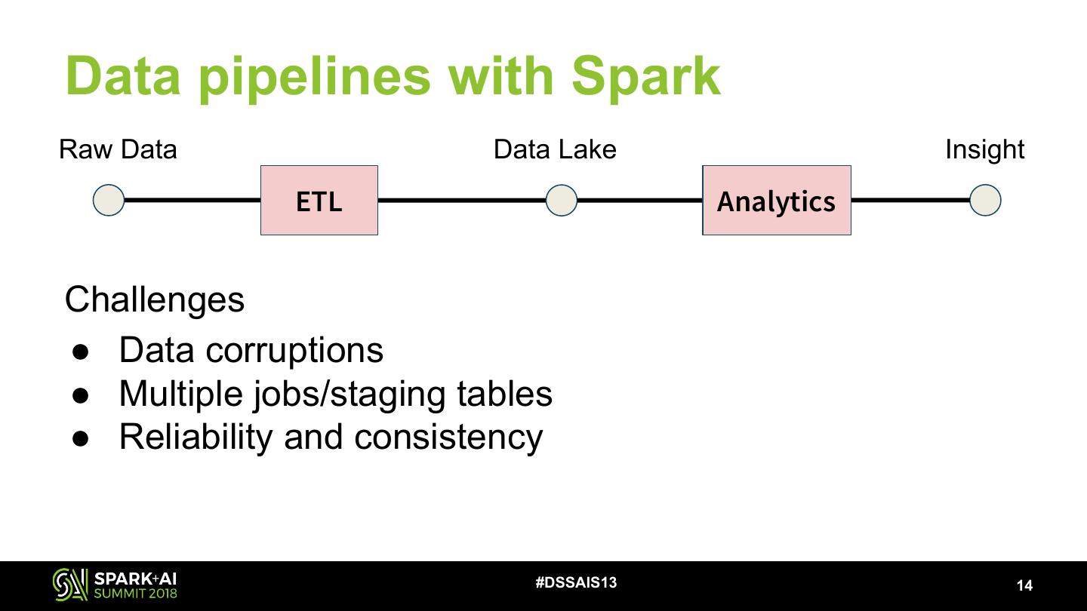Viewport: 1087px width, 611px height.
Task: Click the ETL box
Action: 319,201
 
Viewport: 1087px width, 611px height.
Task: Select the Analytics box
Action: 776,201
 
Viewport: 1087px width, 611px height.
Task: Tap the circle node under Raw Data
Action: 109,201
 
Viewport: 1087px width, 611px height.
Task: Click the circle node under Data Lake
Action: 561,201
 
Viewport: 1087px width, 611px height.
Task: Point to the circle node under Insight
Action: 984,201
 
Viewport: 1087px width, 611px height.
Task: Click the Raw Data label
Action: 118,149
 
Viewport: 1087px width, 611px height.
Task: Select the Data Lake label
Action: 555,149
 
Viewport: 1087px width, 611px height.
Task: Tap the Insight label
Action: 984,149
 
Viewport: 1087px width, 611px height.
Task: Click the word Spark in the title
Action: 645,75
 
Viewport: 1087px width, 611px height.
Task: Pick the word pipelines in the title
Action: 315,77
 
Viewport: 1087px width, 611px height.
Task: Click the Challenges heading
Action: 155,299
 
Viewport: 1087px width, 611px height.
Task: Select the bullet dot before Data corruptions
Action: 82,351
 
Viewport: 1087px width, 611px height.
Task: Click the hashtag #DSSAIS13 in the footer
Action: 576,582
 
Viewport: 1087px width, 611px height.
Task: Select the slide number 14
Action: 1024,585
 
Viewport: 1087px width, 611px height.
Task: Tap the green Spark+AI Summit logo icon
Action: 69,585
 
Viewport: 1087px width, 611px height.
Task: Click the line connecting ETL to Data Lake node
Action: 461,201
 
